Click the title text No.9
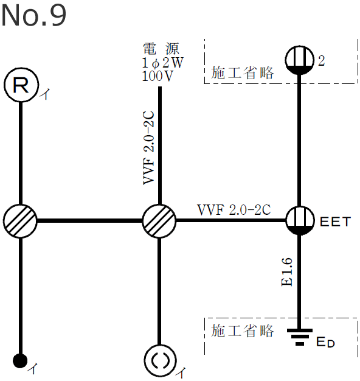[33, 16]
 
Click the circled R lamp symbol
[21, 86]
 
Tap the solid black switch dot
[21, 360]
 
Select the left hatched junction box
[21, 220]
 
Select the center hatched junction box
[159, 220]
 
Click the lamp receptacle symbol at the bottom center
[159, 360]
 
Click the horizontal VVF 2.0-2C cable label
[234, 210]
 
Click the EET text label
[336, 221]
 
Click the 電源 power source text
[161, 49]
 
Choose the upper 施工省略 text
[243, 73]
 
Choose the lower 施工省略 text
[243, 332]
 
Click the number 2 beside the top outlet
[322, 61]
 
